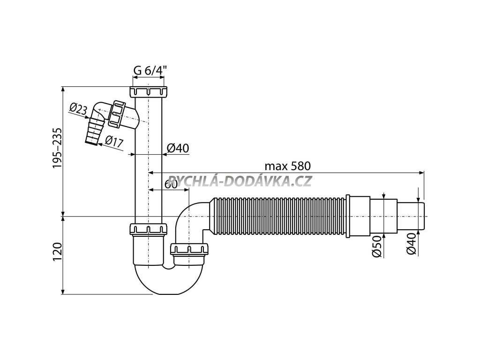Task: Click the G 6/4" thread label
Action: point(150,71)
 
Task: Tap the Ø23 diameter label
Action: point(78,109)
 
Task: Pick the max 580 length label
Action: point(288,166)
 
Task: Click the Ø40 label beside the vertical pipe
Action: point(178,148)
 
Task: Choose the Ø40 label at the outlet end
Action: point(412,244)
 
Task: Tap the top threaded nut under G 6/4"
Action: point(149,91)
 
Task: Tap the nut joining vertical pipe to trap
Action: point(149,229)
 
